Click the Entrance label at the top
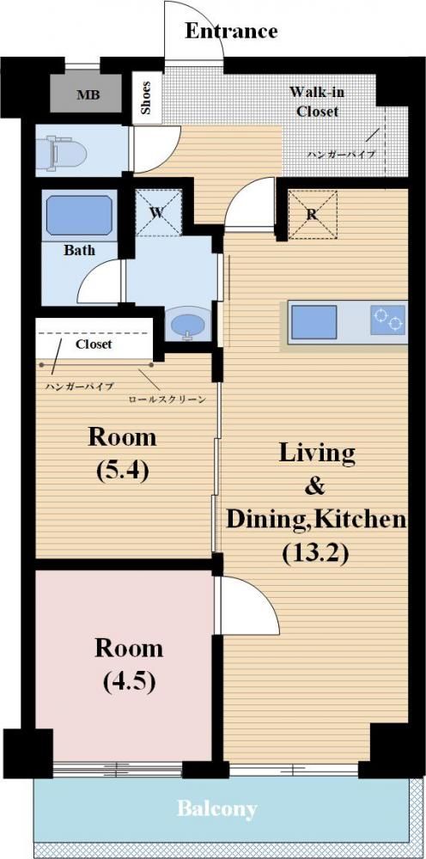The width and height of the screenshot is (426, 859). coord(231,31)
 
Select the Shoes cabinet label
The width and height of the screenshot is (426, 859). coord(147,98)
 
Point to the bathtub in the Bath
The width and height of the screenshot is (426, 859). coord(79,216)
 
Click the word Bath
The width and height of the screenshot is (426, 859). coord(79,251)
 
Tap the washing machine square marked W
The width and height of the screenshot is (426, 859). coord(158,212)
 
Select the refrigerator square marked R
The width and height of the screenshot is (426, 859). coord(312,214)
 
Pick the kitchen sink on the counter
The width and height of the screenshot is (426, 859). coord(313,322)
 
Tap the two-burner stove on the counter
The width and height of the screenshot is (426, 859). coord(387,320)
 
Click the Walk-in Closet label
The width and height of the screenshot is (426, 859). coord(317,101)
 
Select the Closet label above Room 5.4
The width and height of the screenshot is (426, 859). coord(94,344)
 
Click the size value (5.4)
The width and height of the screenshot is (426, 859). coord(122,471)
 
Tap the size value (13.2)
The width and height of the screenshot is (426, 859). coord(315,554)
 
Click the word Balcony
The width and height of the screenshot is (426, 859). coord(216,808)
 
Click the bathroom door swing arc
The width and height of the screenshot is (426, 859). coord(90,273)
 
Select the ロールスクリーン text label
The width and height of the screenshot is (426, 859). coord(167,399)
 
